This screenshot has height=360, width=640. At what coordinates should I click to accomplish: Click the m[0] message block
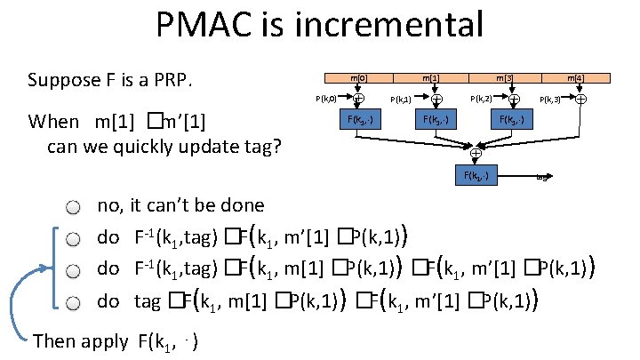tap(358, 80)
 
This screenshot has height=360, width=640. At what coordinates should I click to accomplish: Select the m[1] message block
tap(436, 80)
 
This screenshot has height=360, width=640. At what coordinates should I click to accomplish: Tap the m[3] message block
tap(513, 80)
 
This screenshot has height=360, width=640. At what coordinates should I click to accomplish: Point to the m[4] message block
tap(579, 80)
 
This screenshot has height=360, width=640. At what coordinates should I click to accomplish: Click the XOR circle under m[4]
tap(580, 99)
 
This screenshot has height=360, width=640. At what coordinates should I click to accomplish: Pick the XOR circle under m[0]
tap(358, 99)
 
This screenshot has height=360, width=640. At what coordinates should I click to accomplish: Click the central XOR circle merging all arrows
tap(476, 152)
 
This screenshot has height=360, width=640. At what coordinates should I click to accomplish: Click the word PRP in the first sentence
tap(170, 81)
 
